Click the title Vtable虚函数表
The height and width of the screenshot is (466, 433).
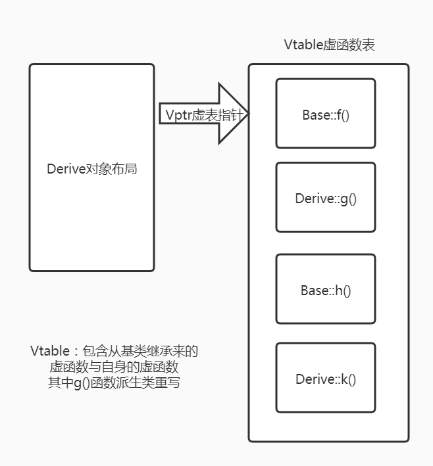(x=330, y=45)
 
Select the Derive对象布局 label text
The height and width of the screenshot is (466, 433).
(x=91, y=169)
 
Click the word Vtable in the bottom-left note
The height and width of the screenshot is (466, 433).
(x=49, y=351)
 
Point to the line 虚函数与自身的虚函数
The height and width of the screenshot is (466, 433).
(x=114, y=367)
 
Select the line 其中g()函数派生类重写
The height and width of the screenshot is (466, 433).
(x=114, y=383)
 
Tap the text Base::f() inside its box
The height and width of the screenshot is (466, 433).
(x=325, y=115)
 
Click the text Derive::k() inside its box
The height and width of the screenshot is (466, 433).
(x=325, y=379)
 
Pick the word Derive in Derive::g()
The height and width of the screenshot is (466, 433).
(x=312, y=198)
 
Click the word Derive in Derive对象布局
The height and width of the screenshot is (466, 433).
(x=66, y=169)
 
